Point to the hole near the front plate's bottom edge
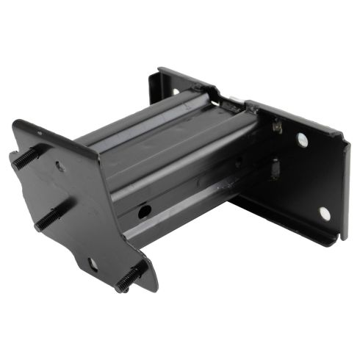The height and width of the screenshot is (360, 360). click(93, 262)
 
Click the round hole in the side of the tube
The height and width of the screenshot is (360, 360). click(144, 212)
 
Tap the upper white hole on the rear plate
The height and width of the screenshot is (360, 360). click(302, 139)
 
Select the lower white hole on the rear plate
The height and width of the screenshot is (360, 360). click(324, 213)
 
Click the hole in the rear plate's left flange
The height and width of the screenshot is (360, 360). click(176, 91)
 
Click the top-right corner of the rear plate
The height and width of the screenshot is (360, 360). click(342, 135)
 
